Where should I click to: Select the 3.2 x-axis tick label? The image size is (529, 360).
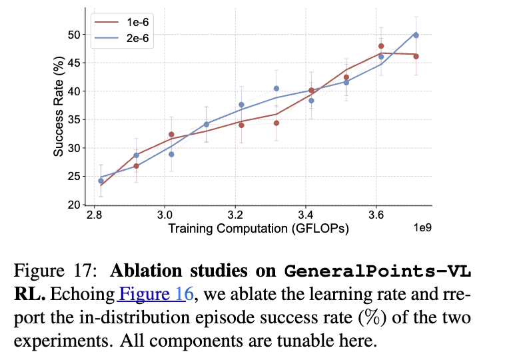(x=235, y=215)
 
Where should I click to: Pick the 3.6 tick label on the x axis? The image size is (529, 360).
(x=376, y=215)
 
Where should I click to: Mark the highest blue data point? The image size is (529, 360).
(x=416, y=35)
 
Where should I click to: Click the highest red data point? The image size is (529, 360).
(x=381, y=46)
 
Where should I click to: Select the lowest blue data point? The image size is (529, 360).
(x=101, y=181)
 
